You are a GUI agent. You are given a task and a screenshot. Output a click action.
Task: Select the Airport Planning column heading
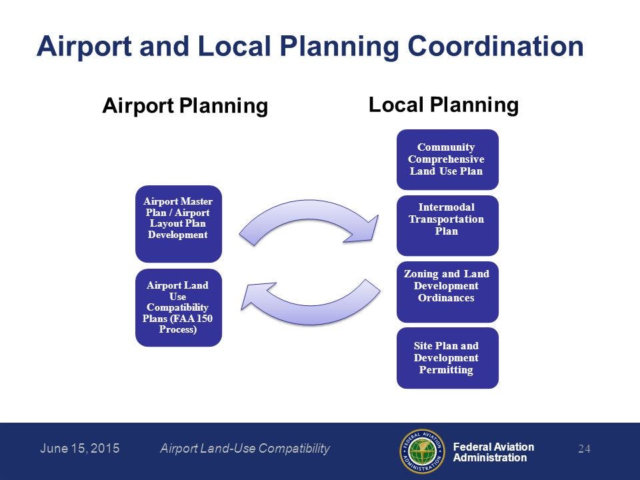185,106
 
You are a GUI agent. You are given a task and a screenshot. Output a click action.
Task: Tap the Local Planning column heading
443,105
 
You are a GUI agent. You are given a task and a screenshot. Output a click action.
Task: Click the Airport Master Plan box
178,223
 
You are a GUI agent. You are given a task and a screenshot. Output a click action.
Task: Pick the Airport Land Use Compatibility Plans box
178,307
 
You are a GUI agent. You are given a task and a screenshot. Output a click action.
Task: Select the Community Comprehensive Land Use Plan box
447,159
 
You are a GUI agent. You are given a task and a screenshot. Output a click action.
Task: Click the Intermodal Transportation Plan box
447,225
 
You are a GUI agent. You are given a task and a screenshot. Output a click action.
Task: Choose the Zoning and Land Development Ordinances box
447,291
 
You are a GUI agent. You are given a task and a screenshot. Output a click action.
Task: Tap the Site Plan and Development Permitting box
447,357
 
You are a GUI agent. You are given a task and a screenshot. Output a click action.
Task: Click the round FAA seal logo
422,451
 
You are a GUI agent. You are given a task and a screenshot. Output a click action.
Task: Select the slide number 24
584,449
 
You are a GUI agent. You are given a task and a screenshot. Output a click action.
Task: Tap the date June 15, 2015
79,449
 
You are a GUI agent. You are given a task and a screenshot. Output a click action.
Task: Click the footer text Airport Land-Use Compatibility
245,449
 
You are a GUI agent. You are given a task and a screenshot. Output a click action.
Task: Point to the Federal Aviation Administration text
493,452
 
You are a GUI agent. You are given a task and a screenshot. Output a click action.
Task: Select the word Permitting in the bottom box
446,369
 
